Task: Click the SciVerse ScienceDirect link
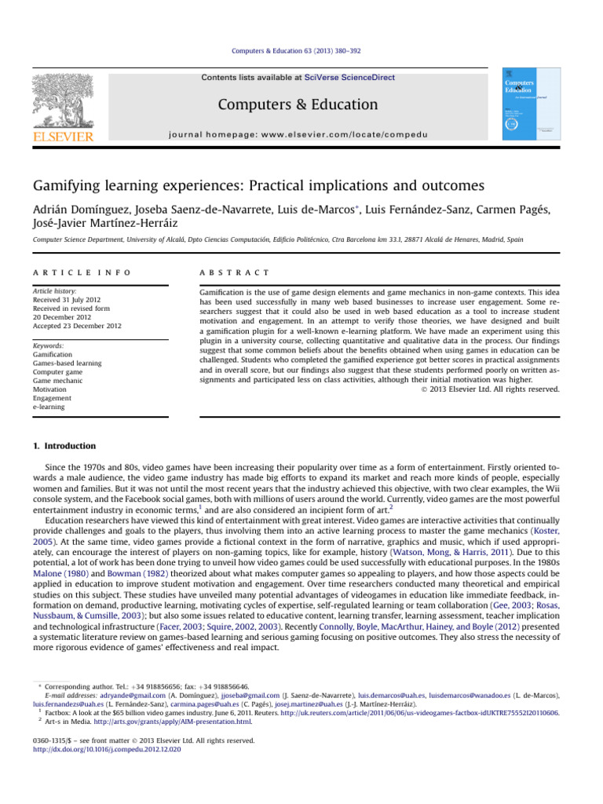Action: pyautogui.click(x=350, y=78)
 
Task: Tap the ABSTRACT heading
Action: pyautogui.click(x=236, y=272)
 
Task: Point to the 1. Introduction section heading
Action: pyautogui.click(x=64, y=446)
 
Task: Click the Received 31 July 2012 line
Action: pyautogui.click(x=68, y=299)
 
